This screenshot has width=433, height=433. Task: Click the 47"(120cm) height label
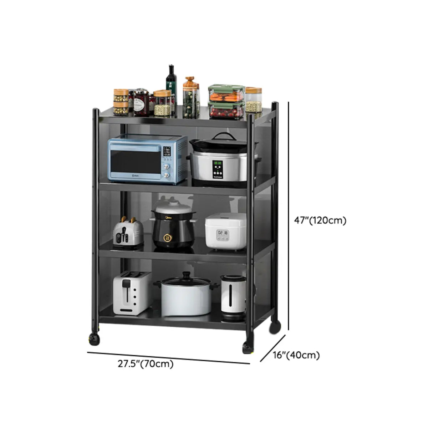pos(320,221)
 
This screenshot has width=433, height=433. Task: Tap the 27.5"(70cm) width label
pos(146,364)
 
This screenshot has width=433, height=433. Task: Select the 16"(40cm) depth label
pos(296,355)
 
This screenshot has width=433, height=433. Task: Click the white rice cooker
pos(225,230)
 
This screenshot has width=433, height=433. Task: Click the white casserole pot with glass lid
pos(185,295)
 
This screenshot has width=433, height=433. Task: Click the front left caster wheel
pos(93,338)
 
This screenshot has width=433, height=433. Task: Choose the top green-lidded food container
pos(226,93)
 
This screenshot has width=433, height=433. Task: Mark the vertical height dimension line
pos(288,214)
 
